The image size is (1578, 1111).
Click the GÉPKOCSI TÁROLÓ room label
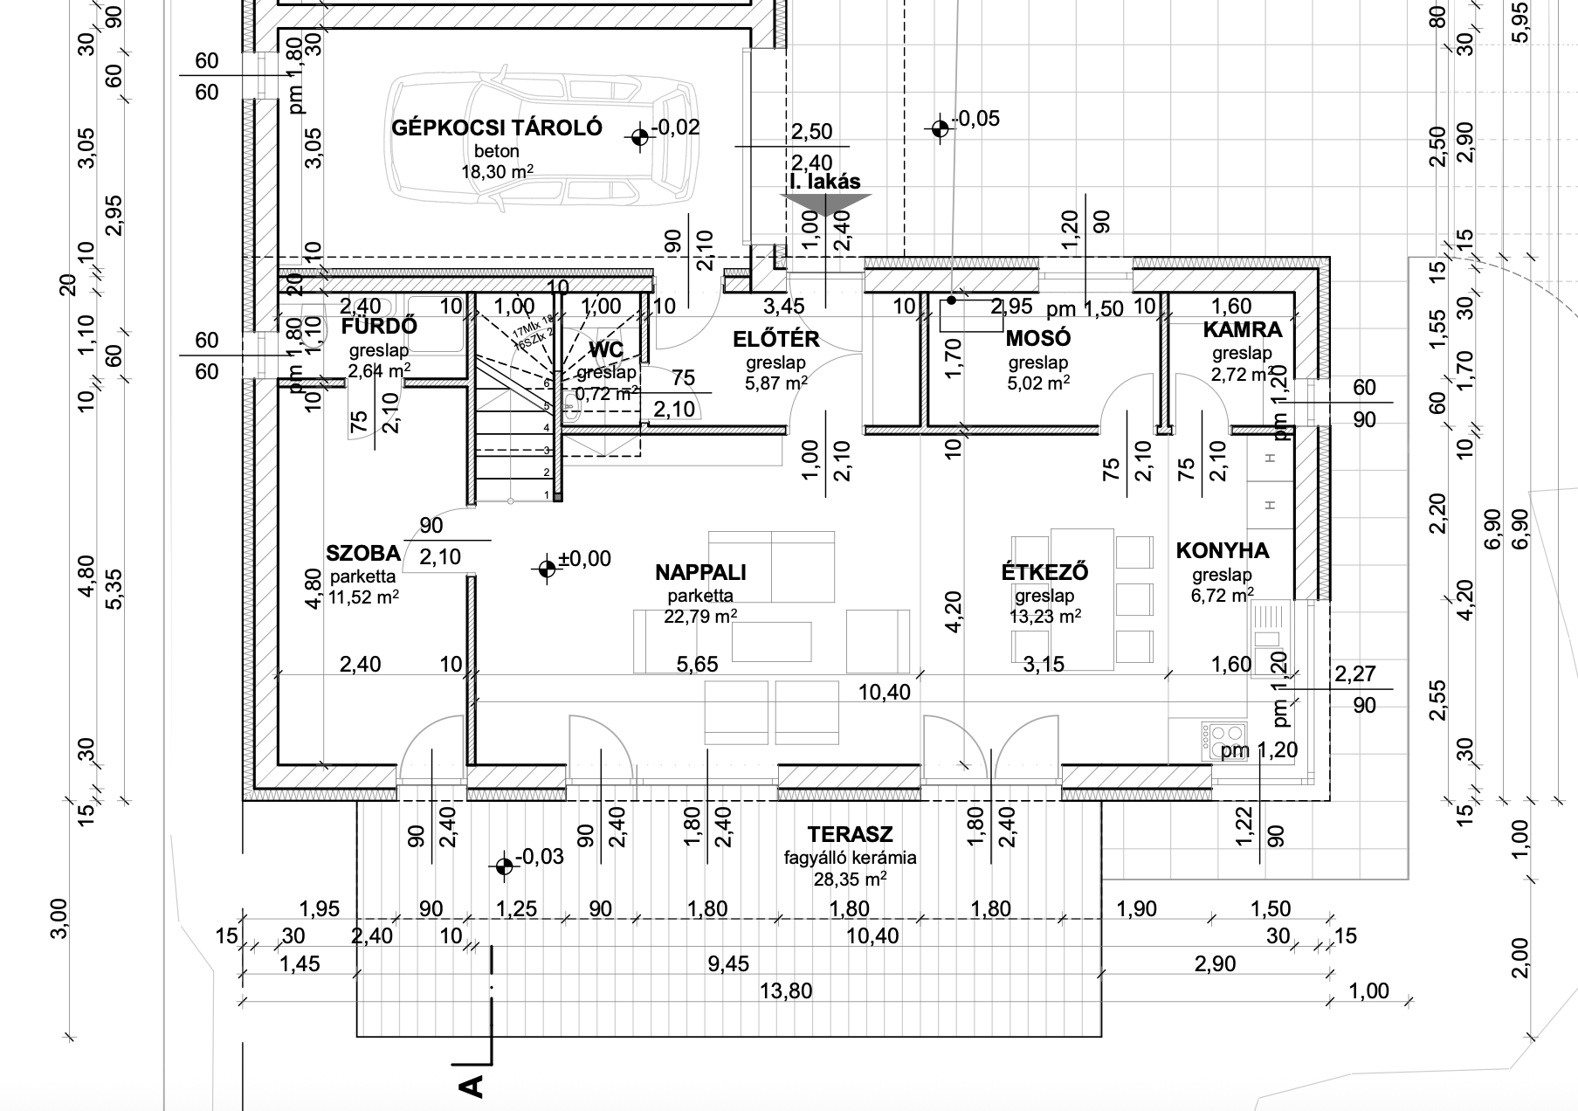point(497,128)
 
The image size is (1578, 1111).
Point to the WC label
point(606,350)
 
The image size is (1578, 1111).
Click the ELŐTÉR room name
point(776,340)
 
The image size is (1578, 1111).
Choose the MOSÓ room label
point(1038,338)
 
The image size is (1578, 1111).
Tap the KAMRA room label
point(1242,330)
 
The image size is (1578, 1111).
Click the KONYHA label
point(1222,550)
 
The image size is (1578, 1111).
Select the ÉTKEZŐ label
point(1044,573)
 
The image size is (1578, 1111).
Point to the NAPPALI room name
point(700,573)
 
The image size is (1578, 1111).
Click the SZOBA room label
point(362,553)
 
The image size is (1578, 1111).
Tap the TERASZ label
point(850,834)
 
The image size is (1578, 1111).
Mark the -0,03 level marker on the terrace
point(503,866)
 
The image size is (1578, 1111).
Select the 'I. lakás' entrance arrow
point(825,204)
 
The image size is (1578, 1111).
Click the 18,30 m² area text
point(497,172)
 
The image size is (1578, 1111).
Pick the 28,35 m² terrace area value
point(850,878)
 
